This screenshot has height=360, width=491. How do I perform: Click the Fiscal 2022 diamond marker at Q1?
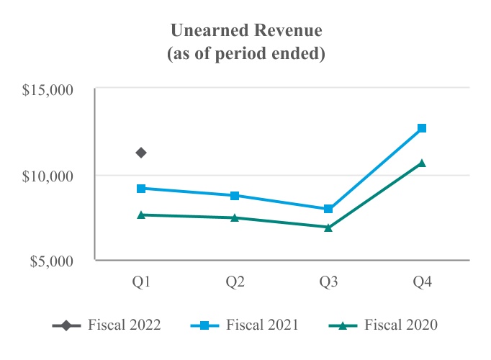(x=142, y=153)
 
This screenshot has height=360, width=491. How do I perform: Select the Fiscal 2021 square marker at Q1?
(x=142, y=189)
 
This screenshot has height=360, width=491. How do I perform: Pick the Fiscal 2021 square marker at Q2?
(x=235, y=196)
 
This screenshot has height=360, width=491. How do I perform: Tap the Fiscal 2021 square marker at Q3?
(x=328, y=209)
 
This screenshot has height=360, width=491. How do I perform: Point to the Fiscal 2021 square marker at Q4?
(x=422, y=128)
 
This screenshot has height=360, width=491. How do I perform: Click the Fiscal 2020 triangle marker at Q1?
(x=142, y=215)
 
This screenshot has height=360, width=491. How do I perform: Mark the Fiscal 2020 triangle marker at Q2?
(x=235, y=217)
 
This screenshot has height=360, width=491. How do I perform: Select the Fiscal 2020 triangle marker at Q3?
(x=328, y=228)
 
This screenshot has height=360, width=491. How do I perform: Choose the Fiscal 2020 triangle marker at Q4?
(x=422, y=163)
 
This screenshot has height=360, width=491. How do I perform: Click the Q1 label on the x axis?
(x=142, y=282)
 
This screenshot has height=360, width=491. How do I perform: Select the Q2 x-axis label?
(x=235, y=282)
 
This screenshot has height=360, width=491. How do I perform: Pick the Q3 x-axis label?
(x=328, y=282)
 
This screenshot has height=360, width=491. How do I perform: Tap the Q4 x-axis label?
(x=422, y=282)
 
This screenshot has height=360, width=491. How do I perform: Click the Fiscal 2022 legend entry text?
(x=124, y=325)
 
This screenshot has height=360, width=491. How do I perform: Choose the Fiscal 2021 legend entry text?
(x=262, y=325)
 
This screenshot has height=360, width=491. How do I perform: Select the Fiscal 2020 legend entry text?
(x=400, y=325)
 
